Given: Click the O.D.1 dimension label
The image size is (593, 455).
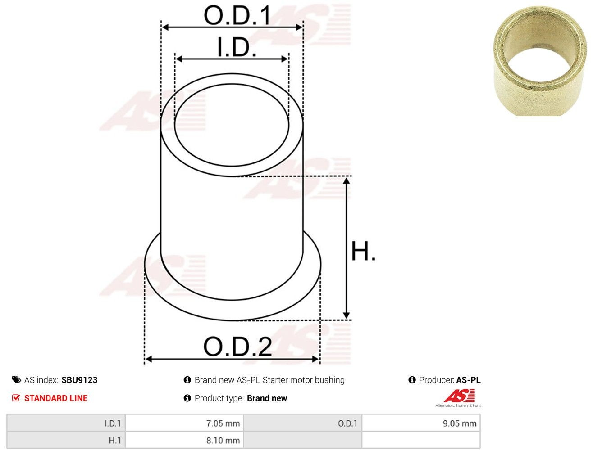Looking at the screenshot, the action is coord(237,15).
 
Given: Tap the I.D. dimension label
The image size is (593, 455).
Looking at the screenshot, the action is coord(237,47).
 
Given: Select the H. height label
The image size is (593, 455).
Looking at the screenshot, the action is coord(363,251).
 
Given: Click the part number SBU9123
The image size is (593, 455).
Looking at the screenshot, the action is coord(79,380).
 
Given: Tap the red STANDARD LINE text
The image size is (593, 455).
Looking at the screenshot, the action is coord(56,398).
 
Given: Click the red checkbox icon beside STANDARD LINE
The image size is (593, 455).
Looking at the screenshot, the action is coord(16,398).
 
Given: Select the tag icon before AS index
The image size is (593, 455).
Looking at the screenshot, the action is coord(16,380).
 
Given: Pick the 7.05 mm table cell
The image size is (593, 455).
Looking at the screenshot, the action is coord(184,423).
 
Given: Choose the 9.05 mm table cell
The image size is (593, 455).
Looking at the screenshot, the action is coord(421,423).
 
